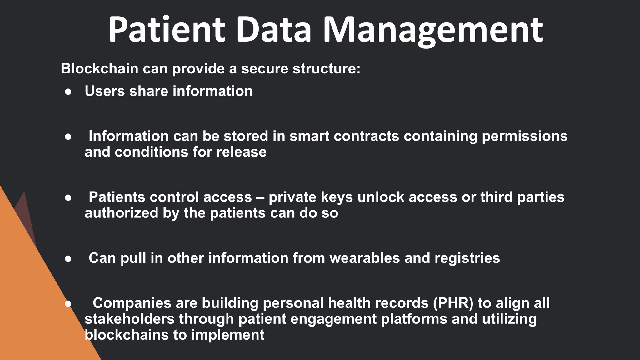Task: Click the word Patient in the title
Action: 167,30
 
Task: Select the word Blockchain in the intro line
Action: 99,68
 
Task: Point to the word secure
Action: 265,68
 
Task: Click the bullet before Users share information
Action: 68,92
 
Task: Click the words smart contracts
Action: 344,136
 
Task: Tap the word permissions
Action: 524,136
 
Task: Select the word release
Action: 241,152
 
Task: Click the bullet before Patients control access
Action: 68,197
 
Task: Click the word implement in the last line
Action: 227,335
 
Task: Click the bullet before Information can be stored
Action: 68,137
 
